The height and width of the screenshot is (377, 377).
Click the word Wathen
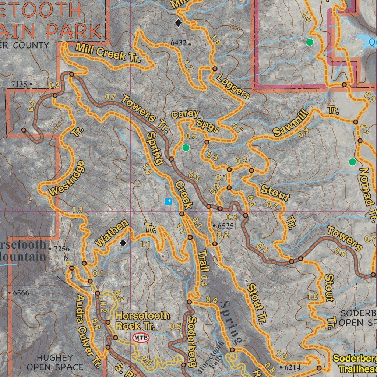112,233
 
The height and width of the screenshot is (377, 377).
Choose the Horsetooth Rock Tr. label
142,321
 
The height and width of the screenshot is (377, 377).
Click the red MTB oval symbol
141,338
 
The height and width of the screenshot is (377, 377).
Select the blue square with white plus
169,201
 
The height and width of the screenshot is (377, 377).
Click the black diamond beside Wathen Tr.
123,243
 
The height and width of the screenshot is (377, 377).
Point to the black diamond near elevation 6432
178,23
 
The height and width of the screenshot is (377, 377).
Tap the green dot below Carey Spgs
186,148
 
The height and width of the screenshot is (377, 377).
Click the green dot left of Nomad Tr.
352,161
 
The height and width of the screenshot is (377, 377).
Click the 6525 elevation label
225,226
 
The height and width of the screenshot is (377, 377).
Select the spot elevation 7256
61,249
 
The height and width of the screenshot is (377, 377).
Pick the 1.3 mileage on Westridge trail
78,210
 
